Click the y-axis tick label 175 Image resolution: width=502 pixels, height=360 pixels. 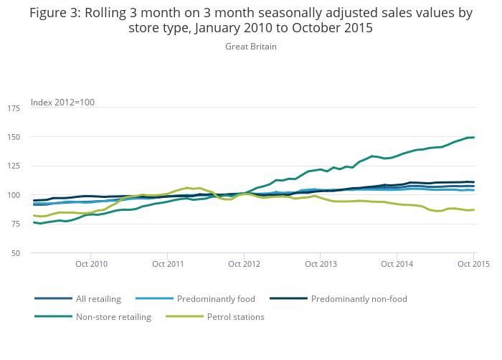(x=14, y=108)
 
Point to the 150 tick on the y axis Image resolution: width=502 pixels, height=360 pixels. (x=14, y=137)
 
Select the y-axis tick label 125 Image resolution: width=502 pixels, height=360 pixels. (x=14, y=166)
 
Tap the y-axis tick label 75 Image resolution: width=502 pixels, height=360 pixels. (x=16, y=224)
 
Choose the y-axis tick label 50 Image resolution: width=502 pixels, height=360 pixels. (x=16, y=254)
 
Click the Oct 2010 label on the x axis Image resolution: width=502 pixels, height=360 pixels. (x=92, y=264)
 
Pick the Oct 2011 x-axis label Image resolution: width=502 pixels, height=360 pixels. (x=167, y=264)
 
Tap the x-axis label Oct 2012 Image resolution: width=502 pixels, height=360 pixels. (x=244, y=264)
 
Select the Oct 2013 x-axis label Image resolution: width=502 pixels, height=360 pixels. (x=321, y=264)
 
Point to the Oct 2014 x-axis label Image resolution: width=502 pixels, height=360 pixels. (x=397, y=264)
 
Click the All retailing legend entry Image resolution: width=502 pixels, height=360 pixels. (x=98, y=299)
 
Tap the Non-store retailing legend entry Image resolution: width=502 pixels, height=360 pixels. (x=113, y=317)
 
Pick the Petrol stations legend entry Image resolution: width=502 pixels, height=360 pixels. (x=235, y=317)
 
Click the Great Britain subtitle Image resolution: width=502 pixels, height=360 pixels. (x=251, y=47)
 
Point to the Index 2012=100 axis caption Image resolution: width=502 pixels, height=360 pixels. (x=62, y=103)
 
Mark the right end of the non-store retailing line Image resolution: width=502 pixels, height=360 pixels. (x=474, y=137)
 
